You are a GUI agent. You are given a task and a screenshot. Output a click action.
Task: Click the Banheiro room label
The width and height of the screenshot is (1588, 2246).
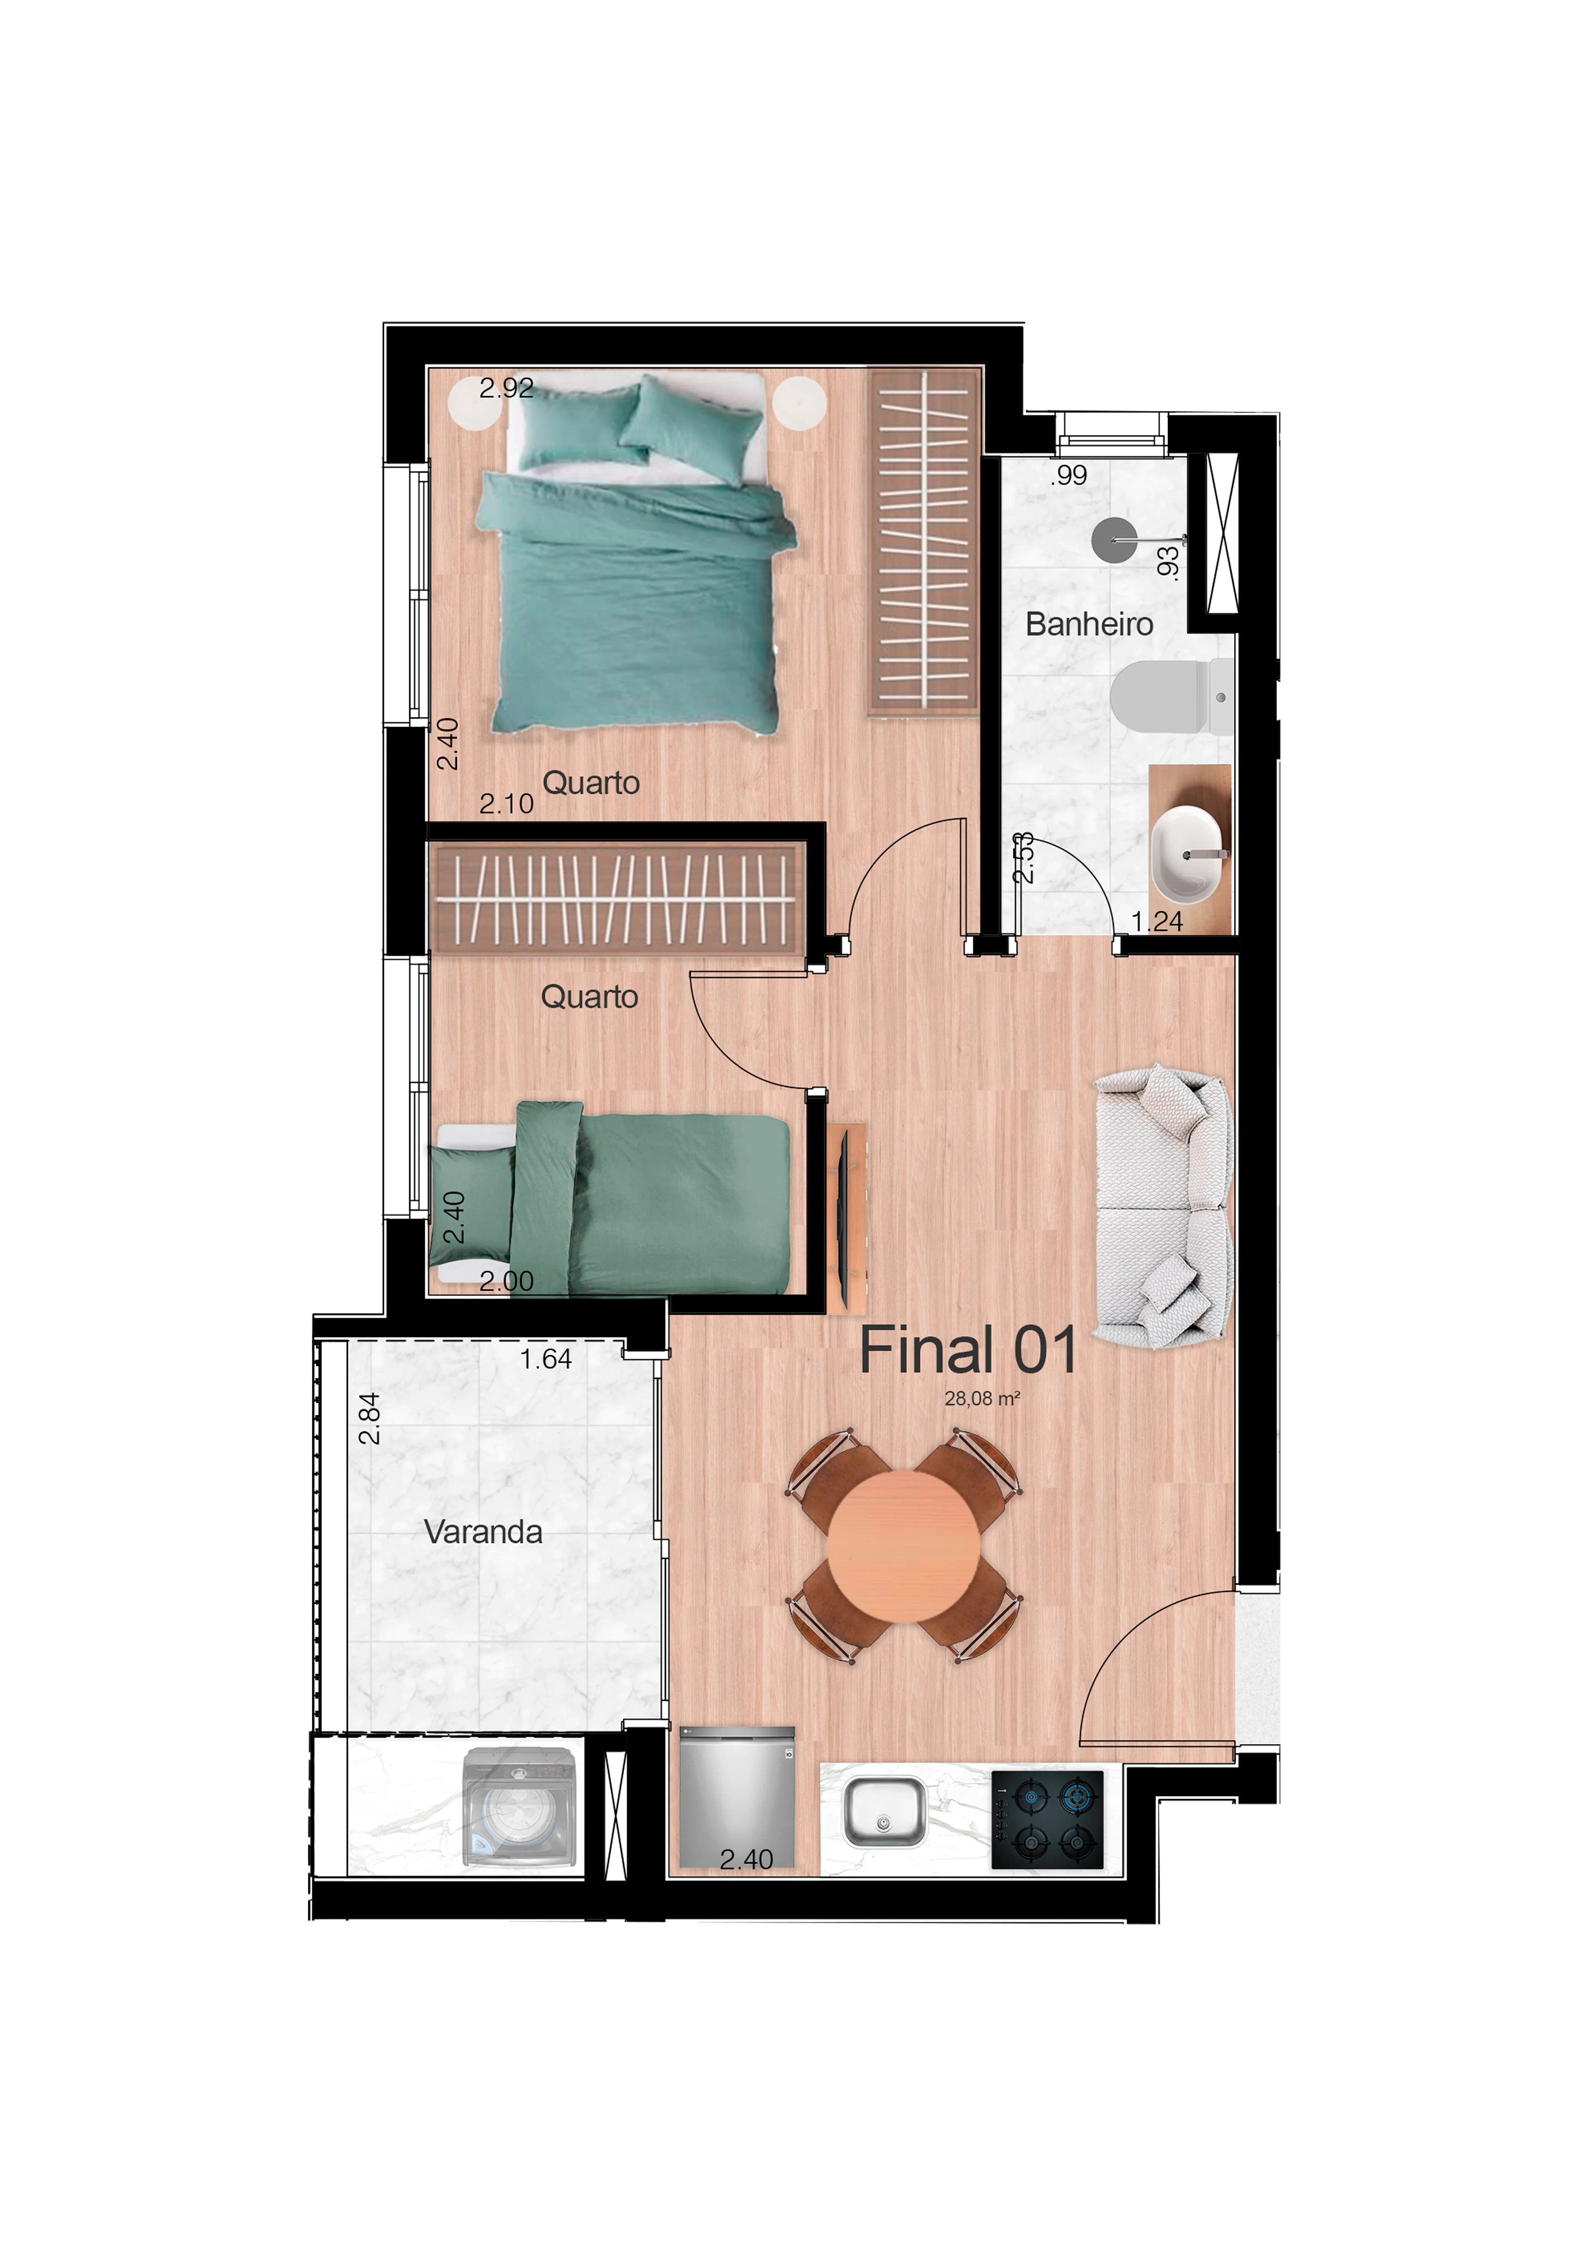click(x=1089, y=624)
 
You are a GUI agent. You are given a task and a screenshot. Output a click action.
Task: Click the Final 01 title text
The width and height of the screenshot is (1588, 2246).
click(x=968, y=1351)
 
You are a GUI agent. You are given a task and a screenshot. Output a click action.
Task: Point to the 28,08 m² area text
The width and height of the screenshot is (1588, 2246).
click(x=981, y=1399)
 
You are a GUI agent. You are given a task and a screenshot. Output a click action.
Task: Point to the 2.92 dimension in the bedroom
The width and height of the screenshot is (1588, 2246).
click(x=506, y=388)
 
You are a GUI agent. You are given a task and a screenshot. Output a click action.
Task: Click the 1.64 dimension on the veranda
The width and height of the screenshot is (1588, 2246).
click(x=545, y=1359)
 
